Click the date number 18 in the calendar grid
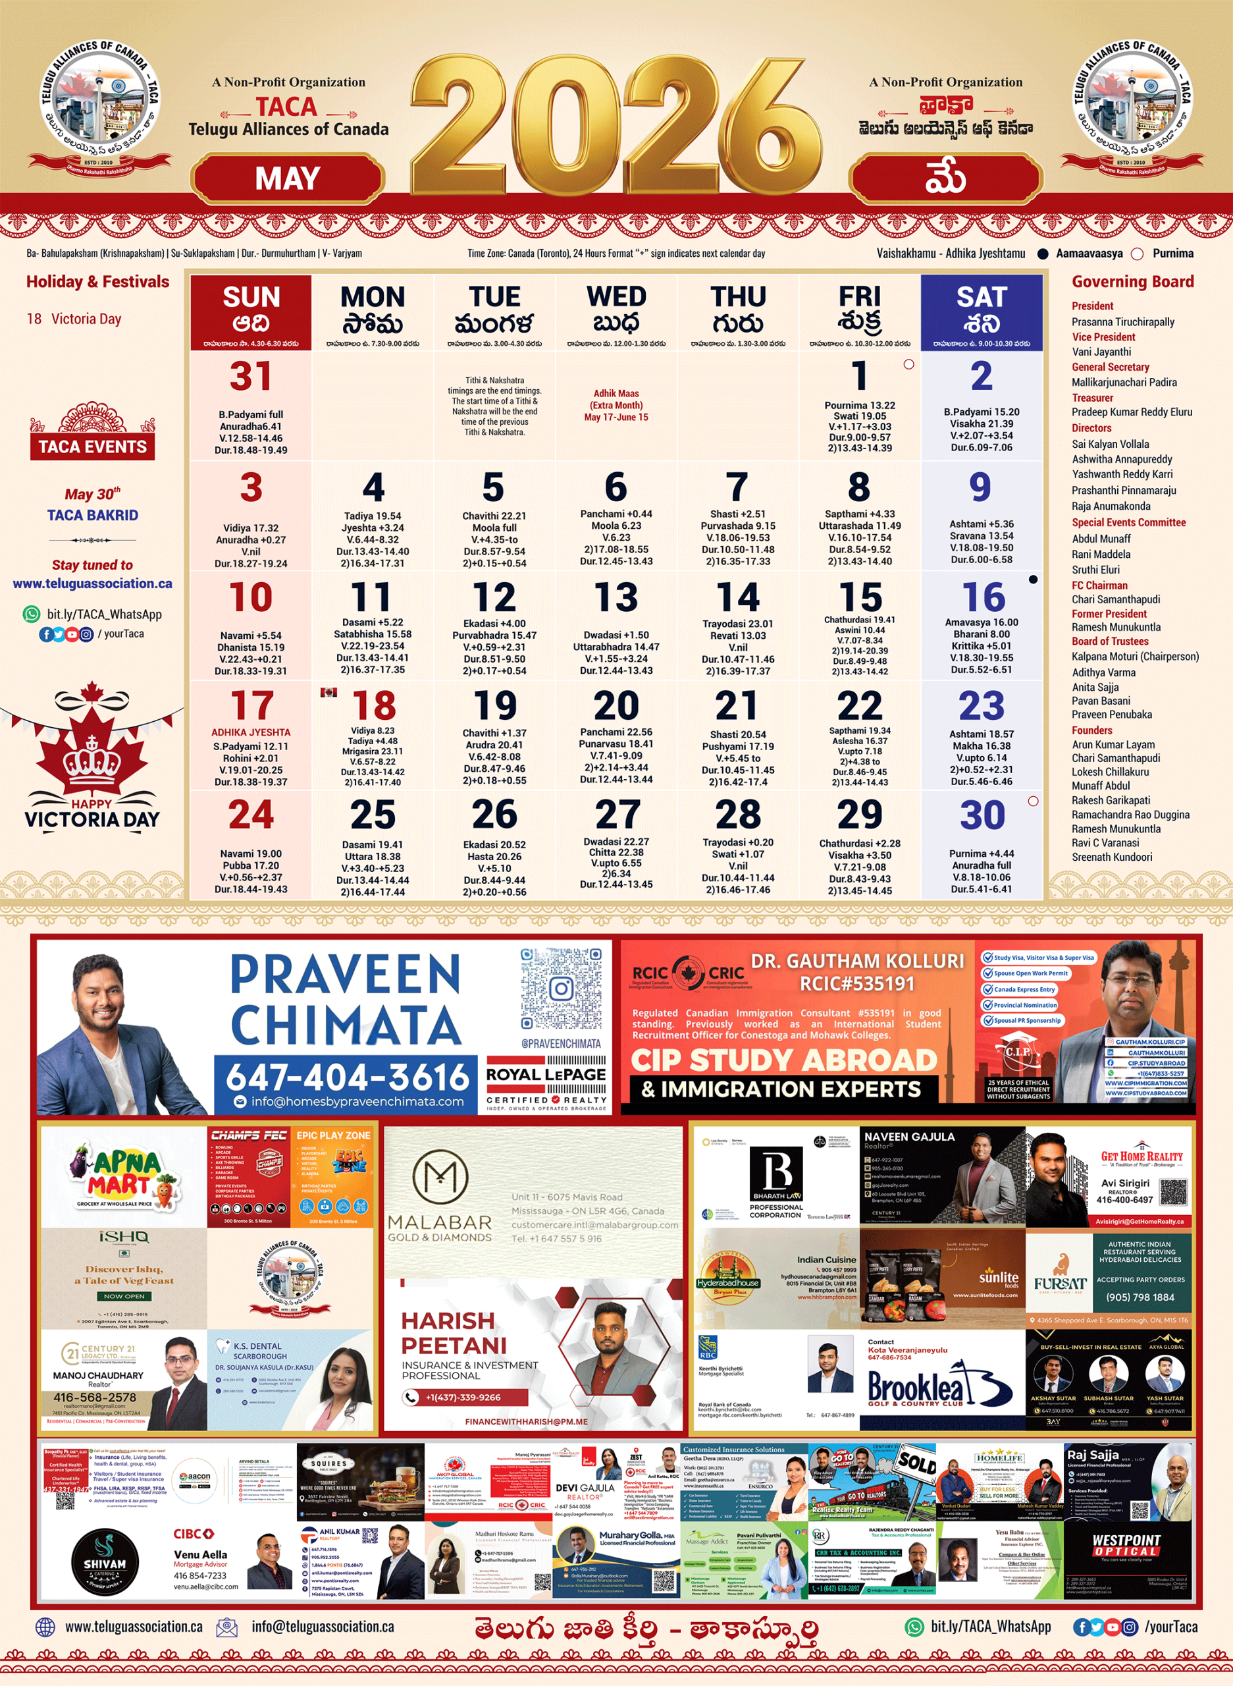[x=374, y=705]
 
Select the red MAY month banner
[x=288, y=178]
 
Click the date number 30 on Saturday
[x=982, y=815]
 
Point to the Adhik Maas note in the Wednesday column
[x=616, y=404]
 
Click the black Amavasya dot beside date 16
[x=1033, y=580]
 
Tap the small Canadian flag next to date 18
[x=328, y=692]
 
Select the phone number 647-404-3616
[x=347, y=1077]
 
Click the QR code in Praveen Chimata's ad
[x=560, y=989]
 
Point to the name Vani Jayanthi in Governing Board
[x=1101, y=352]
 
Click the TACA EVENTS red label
[x=93, y=447]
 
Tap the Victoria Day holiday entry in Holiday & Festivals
[x=74, y=319]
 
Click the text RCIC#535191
[x=857, y=983]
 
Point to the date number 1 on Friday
[x=859, y=375]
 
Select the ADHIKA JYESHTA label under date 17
[x=251, y=732]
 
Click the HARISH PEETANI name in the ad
[x=453, y=1333]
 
